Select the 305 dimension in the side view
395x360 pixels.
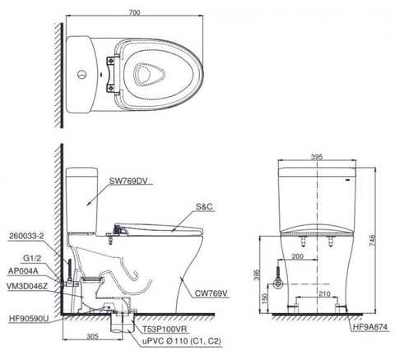click(x=92, y=335)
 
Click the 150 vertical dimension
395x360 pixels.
click(x=265, y=298)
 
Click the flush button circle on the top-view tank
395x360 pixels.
click(x=82, y=76)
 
